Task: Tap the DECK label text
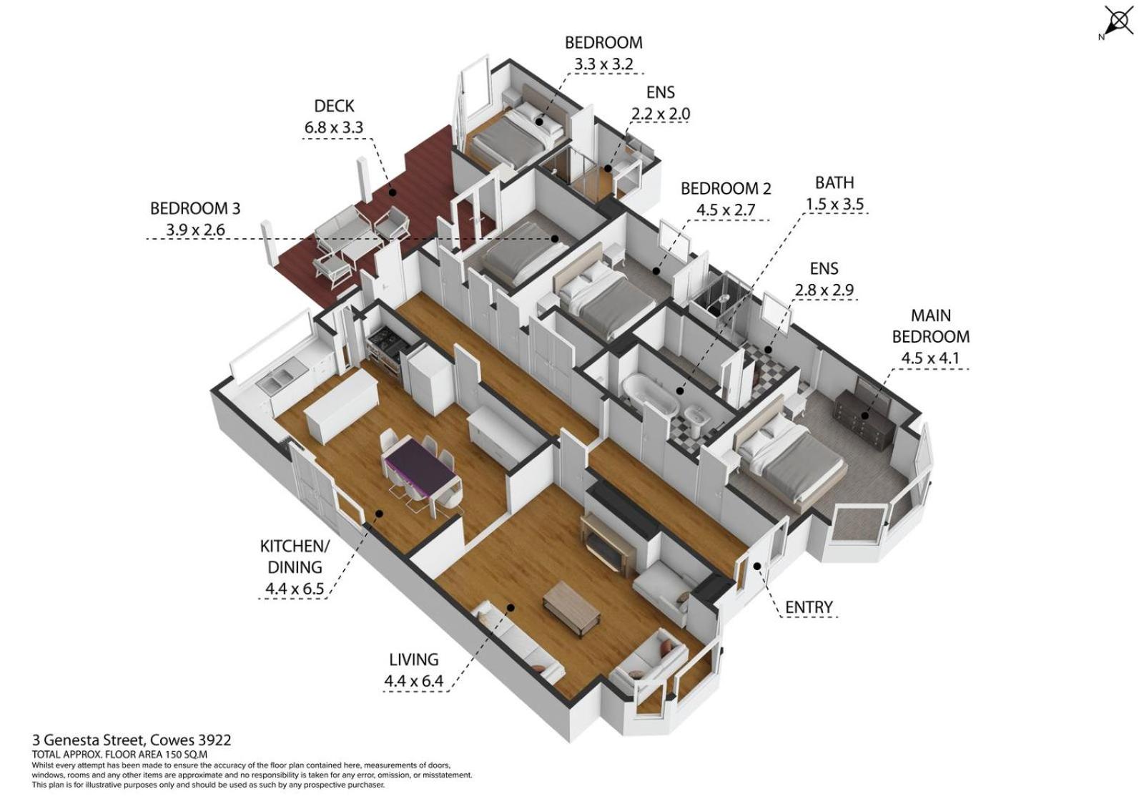(334, 106)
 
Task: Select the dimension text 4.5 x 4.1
(929, 358)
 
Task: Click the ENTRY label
(809, 607)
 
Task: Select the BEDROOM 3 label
(194, 209)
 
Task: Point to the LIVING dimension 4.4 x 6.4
(414, 681)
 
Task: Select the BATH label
(834, 182)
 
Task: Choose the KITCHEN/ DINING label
(295, 557)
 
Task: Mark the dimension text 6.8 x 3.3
(334, 127)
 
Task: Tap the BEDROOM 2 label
(726, 189)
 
